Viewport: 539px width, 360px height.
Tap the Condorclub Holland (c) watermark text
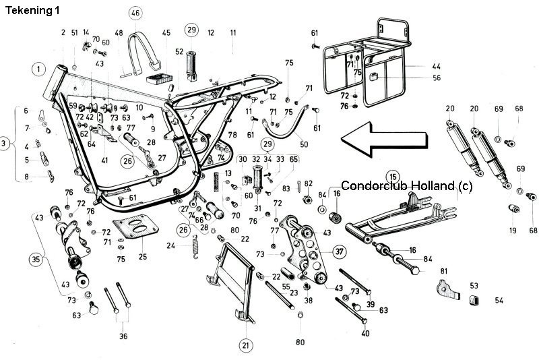408,186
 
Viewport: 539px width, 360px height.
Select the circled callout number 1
39,69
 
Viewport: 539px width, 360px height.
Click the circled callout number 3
5,144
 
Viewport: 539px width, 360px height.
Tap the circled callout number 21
245,345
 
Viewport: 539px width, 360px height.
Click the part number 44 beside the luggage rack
436,66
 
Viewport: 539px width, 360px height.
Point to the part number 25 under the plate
141,257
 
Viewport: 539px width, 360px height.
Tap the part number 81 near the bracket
444,271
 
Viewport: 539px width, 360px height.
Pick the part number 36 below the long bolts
123,336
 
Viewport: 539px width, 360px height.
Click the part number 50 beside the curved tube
303,144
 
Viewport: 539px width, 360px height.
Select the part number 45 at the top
166,32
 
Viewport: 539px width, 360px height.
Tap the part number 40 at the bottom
366,333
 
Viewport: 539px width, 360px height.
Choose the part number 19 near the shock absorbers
513,231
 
